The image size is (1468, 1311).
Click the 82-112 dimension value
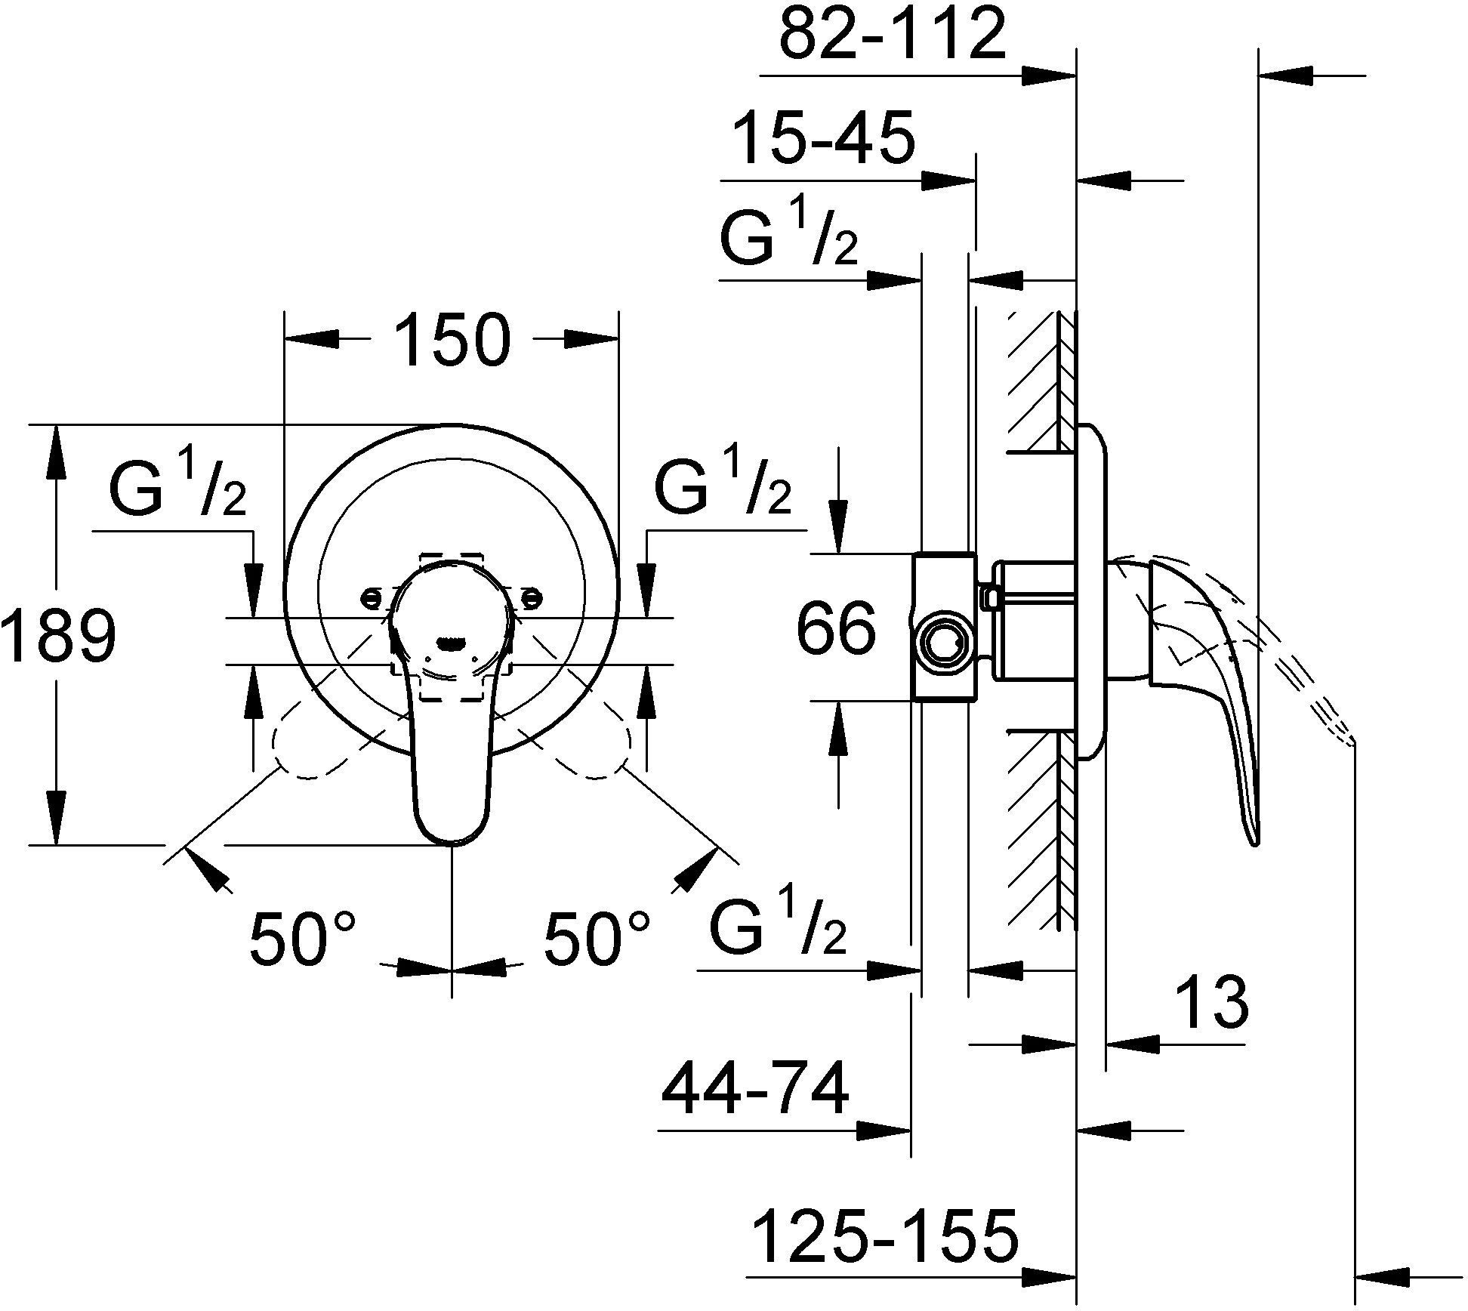pos(893,35)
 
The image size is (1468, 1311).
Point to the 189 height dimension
pos(59,636)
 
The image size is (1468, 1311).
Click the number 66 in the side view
pos(837,628)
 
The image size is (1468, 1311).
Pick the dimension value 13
pos(1212,1003)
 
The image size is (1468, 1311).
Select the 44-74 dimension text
pos(755,1090)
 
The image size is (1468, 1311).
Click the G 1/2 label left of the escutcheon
pos(178,491)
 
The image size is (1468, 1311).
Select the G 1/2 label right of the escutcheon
pos(723,489)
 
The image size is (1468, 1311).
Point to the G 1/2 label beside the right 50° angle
pos(778,928)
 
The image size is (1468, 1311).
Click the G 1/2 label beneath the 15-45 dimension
pos(790,240)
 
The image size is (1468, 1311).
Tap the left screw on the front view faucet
pos(371,597)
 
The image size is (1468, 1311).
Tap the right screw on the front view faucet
pos(532,599)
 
